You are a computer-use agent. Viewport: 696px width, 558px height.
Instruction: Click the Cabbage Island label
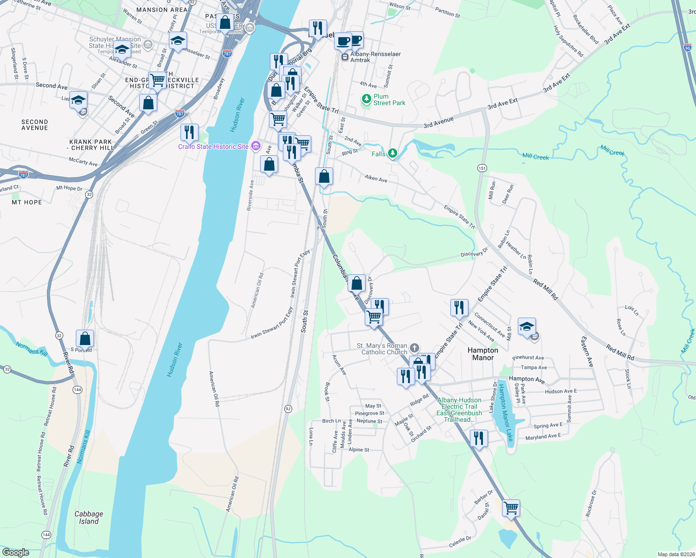coord(88,518)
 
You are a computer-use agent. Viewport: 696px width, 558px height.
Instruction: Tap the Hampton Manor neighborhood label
coord(483,354)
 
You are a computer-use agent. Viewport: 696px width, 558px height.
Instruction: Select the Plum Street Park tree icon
coord(367,99)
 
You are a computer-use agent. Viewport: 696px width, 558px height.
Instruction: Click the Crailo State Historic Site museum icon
coord(255,146)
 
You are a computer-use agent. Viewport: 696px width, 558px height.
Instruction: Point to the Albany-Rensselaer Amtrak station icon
coord(345,57)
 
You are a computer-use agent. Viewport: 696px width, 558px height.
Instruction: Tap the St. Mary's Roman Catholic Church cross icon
coord(414,348)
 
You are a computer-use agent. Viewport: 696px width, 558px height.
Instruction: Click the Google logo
coord(15,552)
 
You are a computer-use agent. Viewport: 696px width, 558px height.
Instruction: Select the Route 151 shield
coord(482,168)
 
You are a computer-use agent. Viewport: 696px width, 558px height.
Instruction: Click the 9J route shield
coord(288,409)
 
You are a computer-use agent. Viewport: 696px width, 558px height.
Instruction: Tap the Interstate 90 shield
coord(688,47)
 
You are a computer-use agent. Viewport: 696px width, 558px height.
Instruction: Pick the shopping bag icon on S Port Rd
coord(85,339)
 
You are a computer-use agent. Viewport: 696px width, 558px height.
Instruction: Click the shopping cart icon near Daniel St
coord(511,508)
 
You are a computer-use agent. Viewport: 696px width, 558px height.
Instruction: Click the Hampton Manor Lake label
coord(505,412)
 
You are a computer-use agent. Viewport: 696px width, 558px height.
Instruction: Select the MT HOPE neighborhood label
coord(27,202)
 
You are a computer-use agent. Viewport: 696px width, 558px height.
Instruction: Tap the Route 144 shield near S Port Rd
coord(77,390)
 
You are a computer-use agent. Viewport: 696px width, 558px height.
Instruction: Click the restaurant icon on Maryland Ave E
coord(479,438)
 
